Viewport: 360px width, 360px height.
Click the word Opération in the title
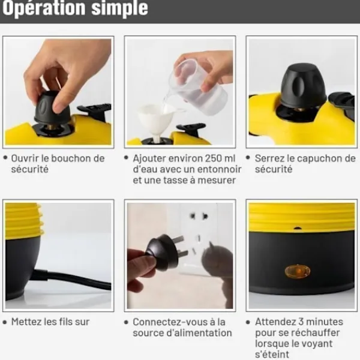click(44, 8)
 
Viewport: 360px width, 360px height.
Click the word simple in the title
click(119, 8)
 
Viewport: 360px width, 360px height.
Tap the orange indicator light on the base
click(298, 271)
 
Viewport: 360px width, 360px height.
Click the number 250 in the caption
click(214, 158)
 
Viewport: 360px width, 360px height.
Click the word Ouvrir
click(25, 158)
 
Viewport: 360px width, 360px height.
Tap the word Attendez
click(275, 322)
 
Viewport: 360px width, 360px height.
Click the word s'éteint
click(272, 355)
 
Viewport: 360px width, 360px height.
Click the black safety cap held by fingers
click(52, 109)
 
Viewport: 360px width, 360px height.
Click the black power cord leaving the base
click(73, 279)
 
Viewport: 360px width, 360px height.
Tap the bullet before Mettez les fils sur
click(5, 322)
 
